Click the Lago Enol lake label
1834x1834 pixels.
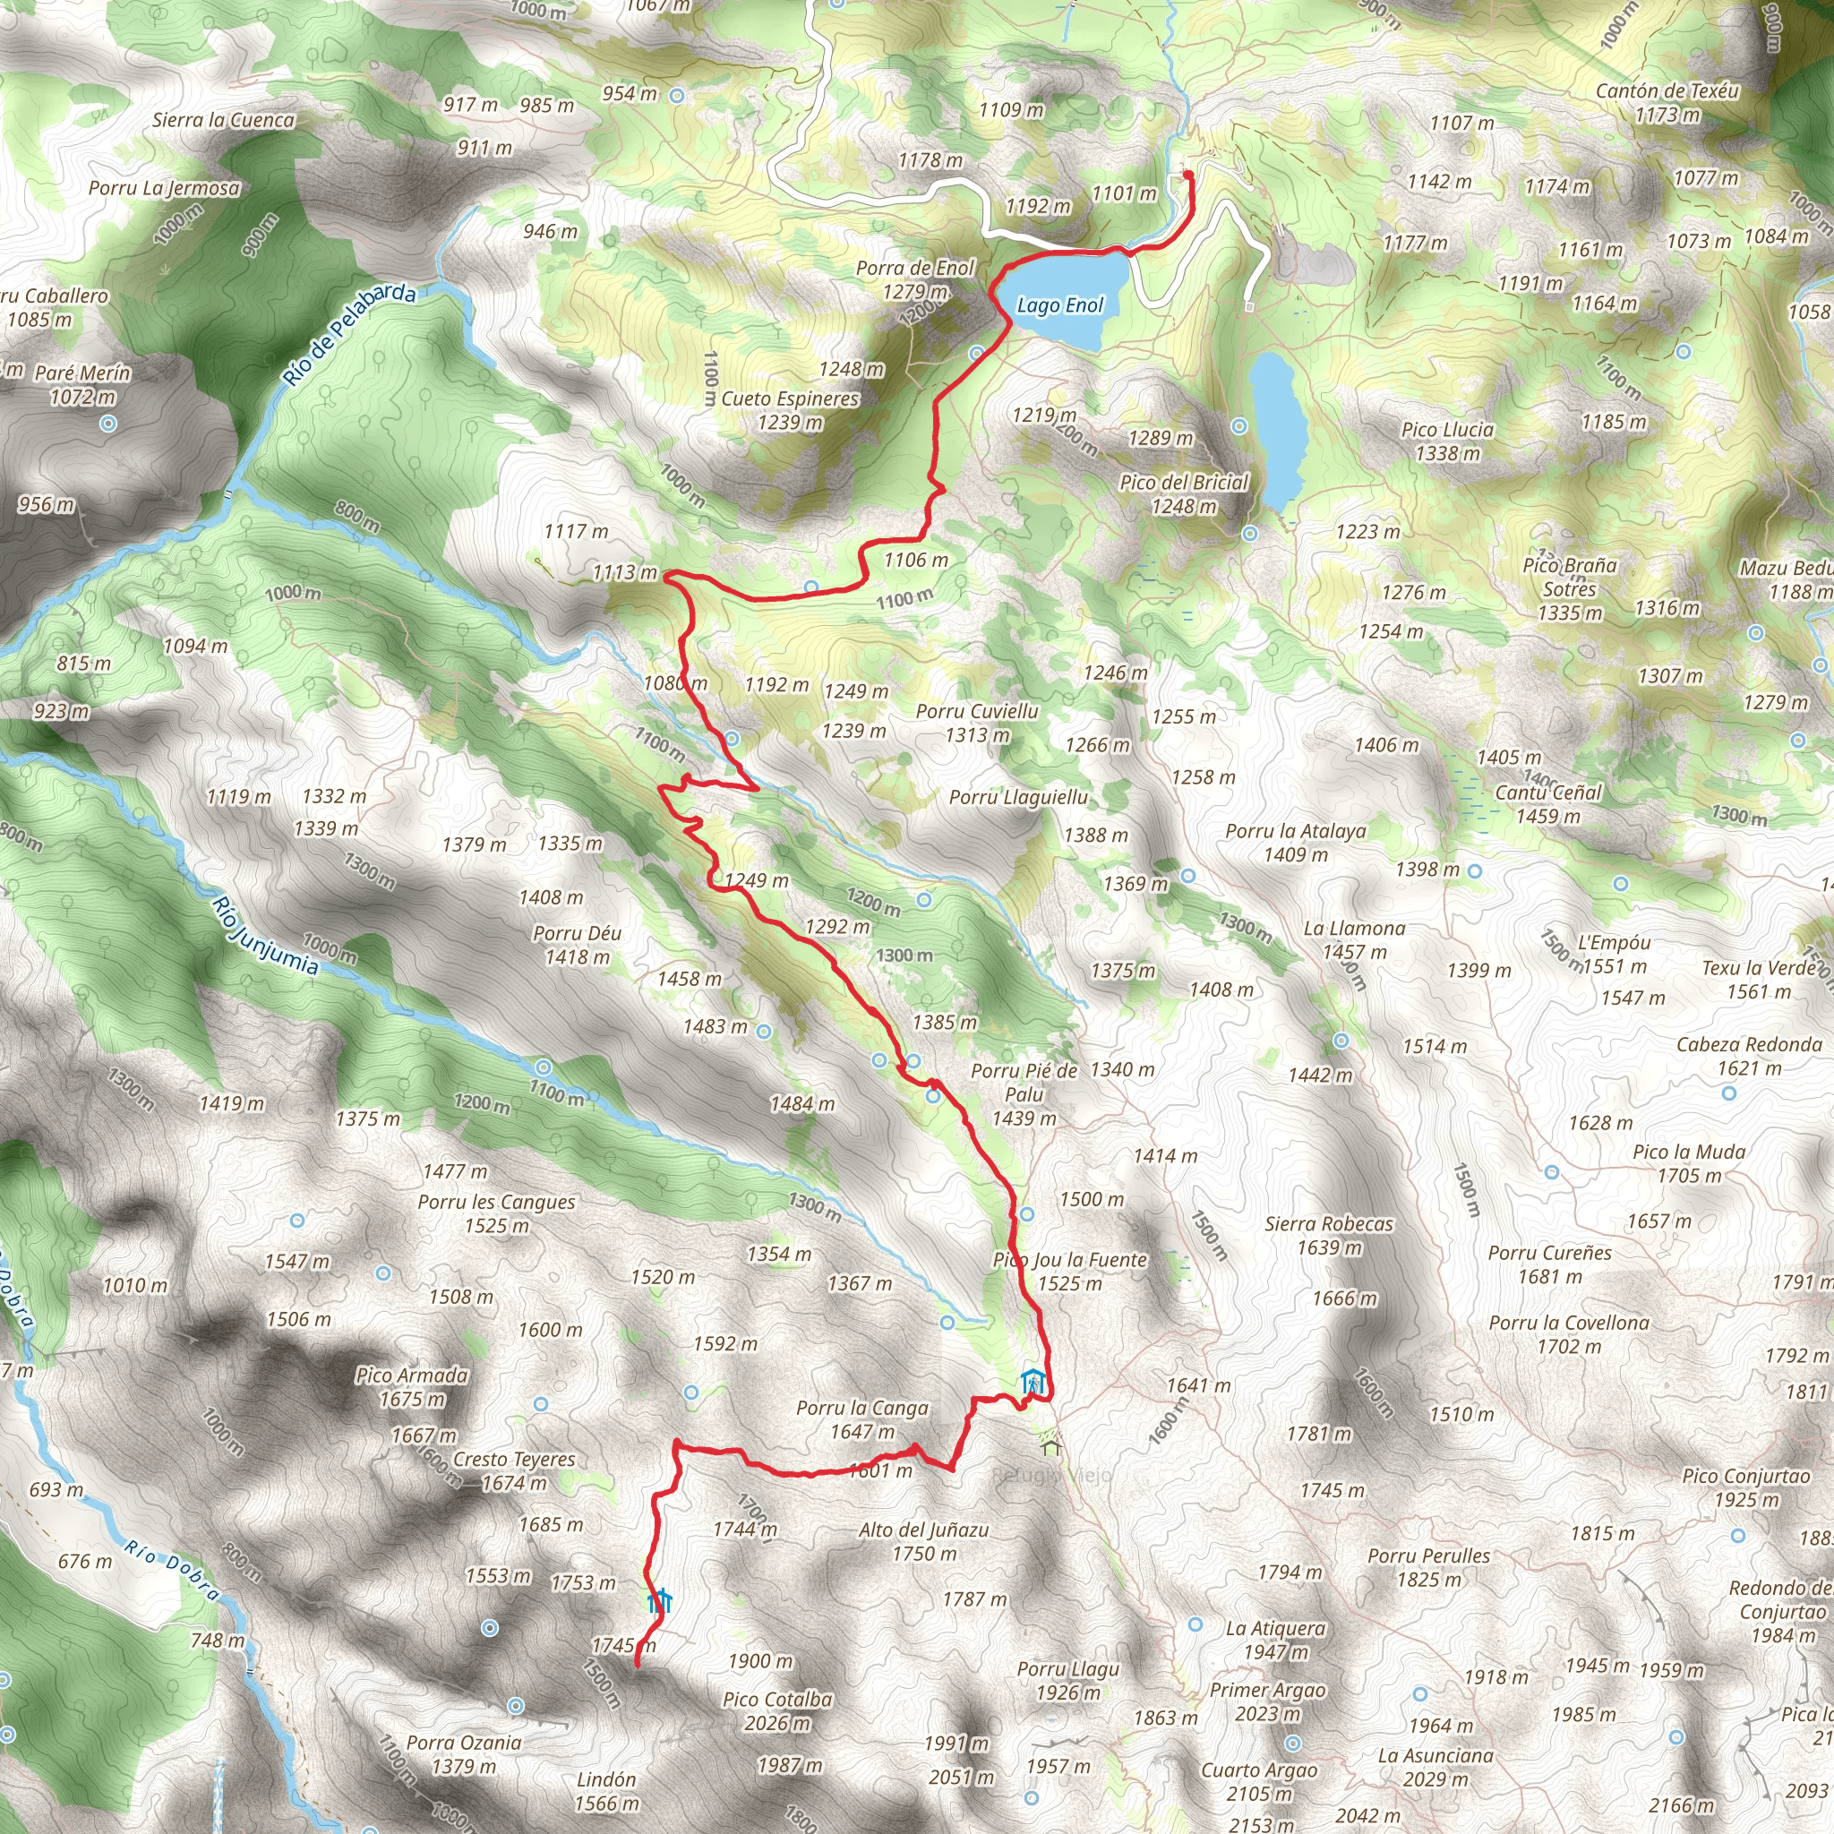1059,305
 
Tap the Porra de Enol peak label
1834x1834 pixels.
915,269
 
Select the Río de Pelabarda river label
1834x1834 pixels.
349,333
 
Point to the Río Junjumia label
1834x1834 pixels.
265,935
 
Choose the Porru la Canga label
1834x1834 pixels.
862,1409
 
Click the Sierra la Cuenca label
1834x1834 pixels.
223,121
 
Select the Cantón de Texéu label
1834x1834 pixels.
1667,91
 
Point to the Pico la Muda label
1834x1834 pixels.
1689,1153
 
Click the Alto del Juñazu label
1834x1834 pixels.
923,1530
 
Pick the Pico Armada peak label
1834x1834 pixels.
412,1375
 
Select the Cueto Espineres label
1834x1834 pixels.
790,399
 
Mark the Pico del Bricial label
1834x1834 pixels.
1184,483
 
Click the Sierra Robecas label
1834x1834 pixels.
1329,1224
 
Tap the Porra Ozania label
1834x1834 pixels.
463,1743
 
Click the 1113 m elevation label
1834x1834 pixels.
625,572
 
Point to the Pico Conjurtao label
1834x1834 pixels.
1745,1477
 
